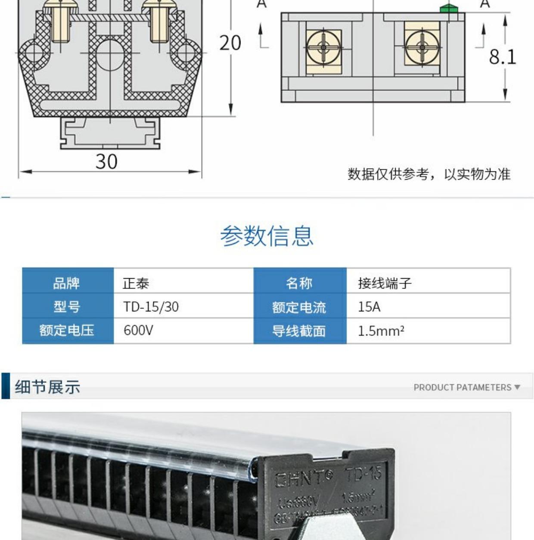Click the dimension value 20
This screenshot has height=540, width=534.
tap(230, 43)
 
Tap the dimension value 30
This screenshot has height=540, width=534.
tap(106, 161)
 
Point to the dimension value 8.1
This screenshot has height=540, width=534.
tap(502, 57)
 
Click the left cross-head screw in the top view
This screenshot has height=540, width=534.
tap(324, 47)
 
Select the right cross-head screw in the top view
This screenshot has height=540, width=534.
tap(422, 47)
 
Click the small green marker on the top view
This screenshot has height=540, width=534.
tap(448, 9)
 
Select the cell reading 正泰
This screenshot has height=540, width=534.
tap(136, 283)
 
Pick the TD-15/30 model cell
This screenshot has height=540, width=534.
tap(151, 307)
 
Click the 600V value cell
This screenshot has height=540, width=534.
tap(138, 330)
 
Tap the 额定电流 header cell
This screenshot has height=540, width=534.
tap(299, 307)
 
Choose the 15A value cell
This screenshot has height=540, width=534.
tap(369, 307)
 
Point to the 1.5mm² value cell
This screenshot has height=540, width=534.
tap(381, 331)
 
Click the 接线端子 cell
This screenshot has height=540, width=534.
tap(385, 283)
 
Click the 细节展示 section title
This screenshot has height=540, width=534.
tap(47, 387)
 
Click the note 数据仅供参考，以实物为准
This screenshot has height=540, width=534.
tap(429, 174)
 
